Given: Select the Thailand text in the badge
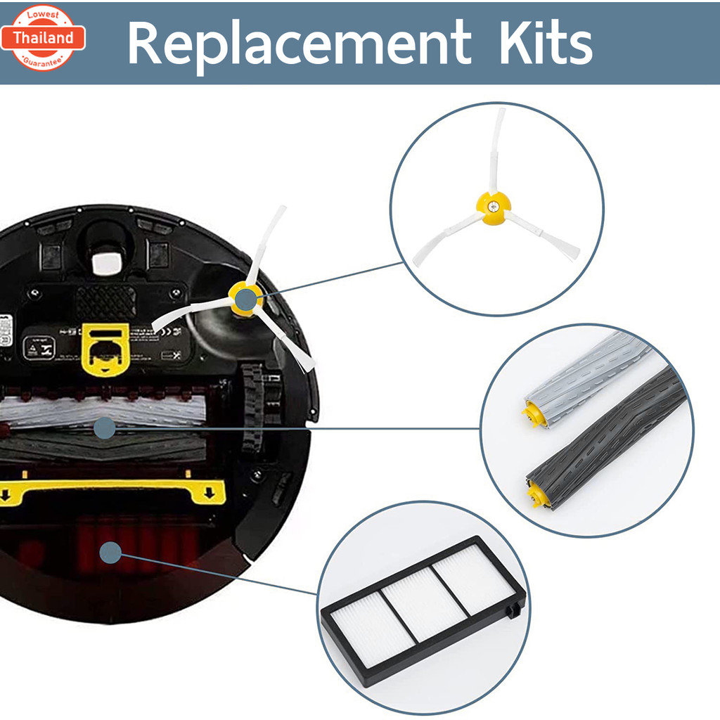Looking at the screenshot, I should [43, 38].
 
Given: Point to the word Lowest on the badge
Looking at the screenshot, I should [43, 15].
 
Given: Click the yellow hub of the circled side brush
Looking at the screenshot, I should [494, 209].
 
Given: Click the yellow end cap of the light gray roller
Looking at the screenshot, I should [532, 413].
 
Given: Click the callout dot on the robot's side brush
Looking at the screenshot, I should [245, 300].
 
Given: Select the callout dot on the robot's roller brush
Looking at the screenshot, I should [104, 427].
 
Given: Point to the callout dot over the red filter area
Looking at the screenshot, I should [110, 553].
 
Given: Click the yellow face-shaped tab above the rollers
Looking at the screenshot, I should [105, 348].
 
